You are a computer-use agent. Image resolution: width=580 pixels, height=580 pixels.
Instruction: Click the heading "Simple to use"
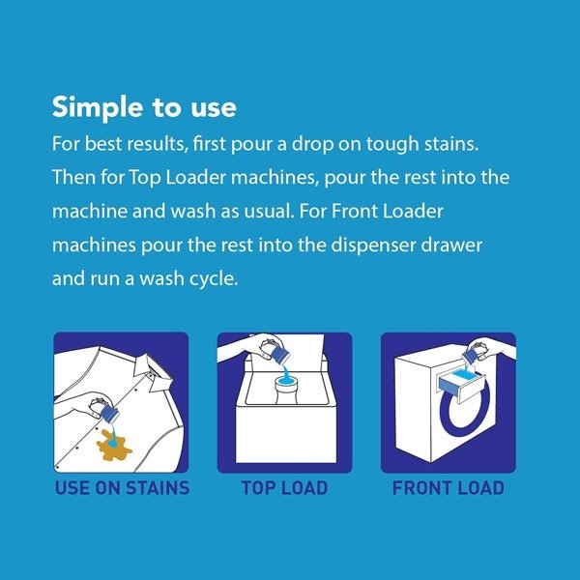point(144,107)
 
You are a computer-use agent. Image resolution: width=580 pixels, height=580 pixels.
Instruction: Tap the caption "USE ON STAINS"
point(122,487)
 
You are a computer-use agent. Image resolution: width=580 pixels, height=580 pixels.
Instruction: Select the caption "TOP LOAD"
point(284,487)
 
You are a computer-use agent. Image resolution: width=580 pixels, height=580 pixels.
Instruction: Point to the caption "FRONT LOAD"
point(448,487)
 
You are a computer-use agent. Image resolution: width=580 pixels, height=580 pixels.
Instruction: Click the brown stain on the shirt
point(113,447)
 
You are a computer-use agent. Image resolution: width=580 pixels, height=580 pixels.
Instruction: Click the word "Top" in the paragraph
point(145,178)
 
